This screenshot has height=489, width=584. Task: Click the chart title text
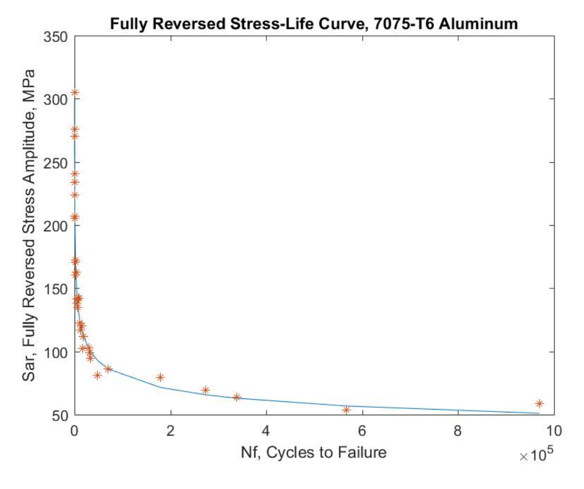(314, 24)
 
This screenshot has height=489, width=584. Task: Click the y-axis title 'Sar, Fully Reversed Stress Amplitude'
(29, 225)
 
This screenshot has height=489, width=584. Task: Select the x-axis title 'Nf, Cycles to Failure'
(313, 452)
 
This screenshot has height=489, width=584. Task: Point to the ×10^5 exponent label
(537, 455)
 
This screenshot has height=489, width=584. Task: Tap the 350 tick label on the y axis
(56, 37)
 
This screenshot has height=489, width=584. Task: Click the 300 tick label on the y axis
(56, 99)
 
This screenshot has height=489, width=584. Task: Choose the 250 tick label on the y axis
(56, 163)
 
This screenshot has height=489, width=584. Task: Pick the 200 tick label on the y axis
(56, 225)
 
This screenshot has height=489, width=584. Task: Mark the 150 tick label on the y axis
(56, 289)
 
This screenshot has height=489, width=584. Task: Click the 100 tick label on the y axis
(56, 352)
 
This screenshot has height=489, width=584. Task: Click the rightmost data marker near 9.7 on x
(539, 403)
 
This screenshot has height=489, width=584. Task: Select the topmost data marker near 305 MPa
(75, 92)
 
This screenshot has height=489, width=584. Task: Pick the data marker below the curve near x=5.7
(346, 410)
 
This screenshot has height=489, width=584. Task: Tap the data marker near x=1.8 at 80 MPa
(160, 377)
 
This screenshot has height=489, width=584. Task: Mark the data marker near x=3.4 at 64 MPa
(237, 397)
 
